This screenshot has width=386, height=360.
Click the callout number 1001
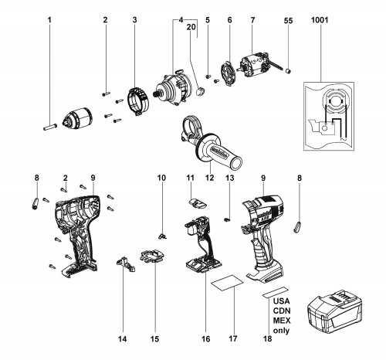[x=320, y=20]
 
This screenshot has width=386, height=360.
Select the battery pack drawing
[x=335, y=314]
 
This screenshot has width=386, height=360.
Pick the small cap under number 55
[x=289, y=70]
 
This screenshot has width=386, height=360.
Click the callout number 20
[x=191, y=27]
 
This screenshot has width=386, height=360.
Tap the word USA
[x=281, y=301]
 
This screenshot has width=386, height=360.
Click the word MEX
[x=282, y=321]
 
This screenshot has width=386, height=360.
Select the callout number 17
[x=233, y=338]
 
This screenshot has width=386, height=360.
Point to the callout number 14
[x=123, y=338]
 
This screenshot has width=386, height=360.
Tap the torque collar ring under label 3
[x=138, y=101]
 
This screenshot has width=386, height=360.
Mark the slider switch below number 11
[x=198, y=203]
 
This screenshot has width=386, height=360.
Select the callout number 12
[x=210, y=178]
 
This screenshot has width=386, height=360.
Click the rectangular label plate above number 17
[x=227, y=283]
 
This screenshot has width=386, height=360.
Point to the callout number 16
[x=206, y=338]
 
